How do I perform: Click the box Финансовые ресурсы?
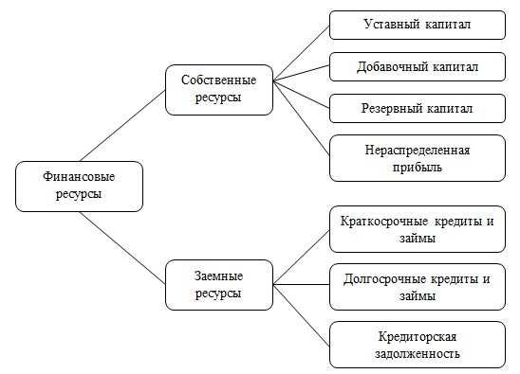point(79,186)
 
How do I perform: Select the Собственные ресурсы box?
point(218,88)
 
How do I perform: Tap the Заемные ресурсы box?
point(218,285)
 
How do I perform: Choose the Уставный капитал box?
point(418,25)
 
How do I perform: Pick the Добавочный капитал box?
point(418,66)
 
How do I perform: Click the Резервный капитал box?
point(418,109)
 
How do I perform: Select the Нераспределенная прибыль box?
point(418,158)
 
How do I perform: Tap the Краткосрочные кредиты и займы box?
point(418,230)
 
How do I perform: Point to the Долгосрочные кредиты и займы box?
point(418,287)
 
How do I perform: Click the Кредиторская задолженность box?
point(418,345)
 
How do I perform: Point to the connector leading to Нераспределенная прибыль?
point(301,118)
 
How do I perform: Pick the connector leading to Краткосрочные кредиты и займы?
point(301,256)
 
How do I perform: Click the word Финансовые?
point(79,177)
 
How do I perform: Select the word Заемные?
point(218,276)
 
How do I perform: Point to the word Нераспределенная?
point(418,150)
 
